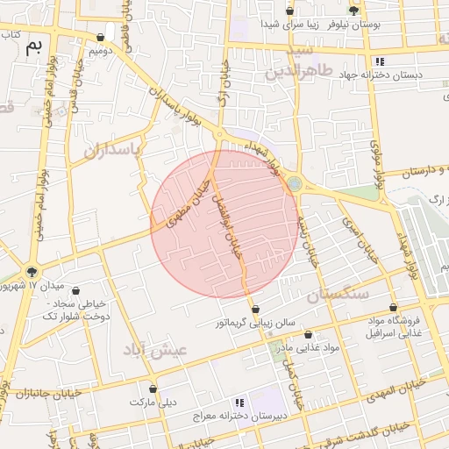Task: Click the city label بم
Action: [x=33, y=46]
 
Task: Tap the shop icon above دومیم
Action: [x=102, y=38]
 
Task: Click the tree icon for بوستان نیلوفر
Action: [x=353, y=11]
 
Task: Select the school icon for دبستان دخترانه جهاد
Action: [x=380, y=61]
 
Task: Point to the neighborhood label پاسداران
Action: [x=112, y=150]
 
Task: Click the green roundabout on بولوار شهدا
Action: [x=296, y=183]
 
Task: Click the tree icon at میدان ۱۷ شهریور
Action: [x=32, y=272]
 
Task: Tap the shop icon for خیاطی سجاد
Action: [x=75, y=290]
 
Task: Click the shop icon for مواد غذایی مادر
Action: [x=308, y=334]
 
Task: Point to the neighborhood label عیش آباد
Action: [x=158, y=349]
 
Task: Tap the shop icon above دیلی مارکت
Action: [x=153, y=388]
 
